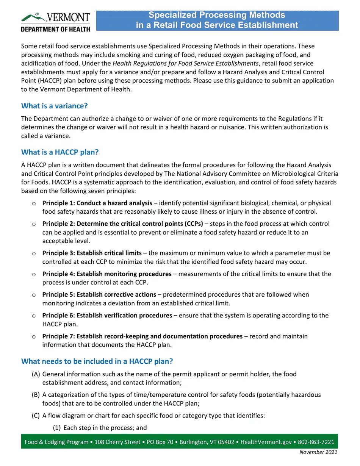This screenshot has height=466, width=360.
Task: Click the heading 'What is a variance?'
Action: pos(55,106)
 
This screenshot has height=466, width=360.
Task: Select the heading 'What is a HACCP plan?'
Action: pos(60,152)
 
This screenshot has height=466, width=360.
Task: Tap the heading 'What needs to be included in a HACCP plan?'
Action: pos(97,361)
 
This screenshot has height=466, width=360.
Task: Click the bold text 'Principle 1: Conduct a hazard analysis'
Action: pos(97,203)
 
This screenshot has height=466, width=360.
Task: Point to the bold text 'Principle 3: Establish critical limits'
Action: pos(92,253)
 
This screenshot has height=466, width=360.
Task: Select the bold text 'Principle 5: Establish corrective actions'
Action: pos(99,294)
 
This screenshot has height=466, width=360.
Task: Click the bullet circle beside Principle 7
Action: pos(34,336)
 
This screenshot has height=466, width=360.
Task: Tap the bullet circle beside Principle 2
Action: pos(34,224)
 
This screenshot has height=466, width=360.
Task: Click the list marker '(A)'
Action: pos(36,374)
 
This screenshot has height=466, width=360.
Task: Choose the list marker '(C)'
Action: pos(36,416)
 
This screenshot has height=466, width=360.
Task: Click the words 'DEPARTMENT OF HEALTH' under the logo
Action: pos(55,29)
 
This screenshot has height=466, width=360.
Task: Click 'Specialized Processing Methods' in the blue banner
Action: pos(216,15)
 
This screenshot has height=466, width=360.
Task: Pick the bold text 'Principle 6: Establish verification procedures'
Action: pos(107,315)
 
